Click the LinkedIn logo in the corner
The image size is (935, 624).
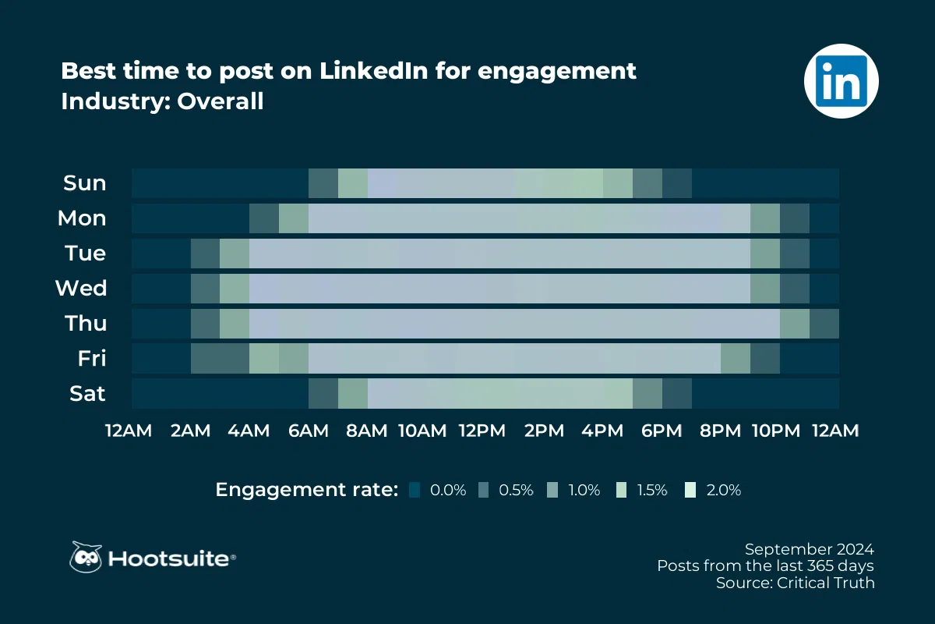(841, 80)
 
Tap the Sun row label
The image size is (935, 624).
(85, 183)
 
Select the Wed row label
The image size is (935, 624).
(81, 289)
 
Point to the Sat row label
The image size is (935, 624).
(86, 394)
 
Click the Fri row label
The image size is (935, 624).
(92, 359)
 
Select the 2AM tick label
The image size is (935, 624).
(191, 431)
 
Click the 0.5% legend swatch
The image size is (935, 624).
(483, 490)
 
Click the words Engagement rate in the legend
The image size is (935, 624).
(307, 490)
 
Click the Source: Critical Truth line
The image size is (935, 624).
(796, 583)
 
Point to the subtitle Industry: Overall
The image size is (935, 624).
(162, 101)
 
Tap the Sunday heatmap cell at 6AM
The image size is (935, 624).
(323, 183)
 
